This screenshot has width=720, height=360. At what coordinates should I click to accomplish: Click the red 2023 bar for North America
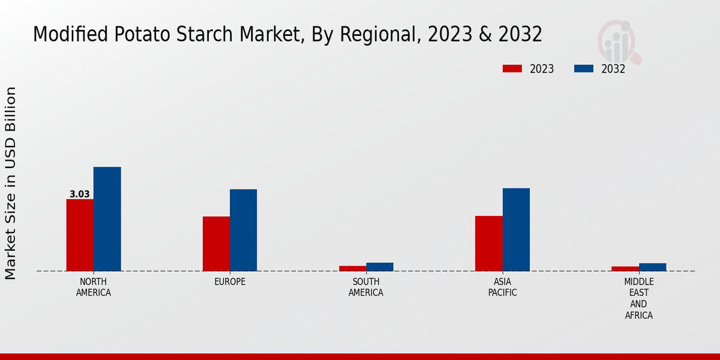point(80,235)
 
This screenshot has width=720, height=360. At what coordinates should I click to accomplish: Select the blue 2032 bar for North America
point(107,219)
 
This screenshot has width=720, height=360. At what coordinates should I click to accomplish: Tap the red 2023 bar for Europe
point(216,244)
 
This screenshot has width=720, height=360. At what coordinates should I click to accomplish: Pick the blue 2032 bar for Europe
point(243,230)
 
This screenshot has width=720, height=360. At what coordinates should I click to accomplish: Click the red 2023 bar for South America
point(352,268)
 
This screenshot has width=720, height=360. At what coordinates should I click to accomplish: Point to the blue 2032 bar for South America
point(380,267)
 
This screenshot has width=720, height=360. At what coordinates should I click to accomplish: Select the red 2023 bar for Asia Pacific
point(488,243)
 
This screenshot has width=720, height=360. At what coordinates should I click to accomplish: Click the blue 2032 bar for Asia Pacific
point(516,229)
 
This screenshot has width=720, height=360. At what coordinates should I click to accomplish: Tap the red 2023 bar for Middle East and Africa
point(625,269)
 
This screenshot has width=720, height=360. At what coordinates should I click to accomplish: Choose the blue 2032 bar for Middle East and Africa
point(652,267)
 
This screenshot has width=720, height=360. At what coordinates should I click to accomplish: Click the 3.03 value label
point(80,194)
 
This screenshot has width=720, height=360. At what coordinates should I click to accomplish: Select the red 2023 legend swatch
point(512,68)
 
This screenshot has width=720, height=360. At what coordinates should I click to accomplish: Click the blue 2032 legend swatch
point(583,68)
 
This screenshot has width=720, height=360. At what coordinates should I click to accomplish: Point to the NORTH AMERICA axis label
point(94,287)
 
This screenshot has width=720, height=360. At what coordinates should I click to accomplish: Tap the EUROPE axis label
point(230,282)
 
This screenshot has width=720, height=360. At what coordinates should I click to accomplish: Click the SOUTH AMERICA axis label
point(366,287)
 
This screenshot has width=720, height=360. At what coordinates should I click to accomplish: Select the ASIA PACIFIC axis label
point(502,287)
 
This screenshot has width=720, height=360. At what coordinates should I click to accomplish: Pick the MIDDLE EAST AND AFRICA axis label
point(639,298)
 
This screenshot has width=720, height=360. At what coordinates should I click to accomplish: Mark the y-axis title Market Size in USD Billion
point(11,183)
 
